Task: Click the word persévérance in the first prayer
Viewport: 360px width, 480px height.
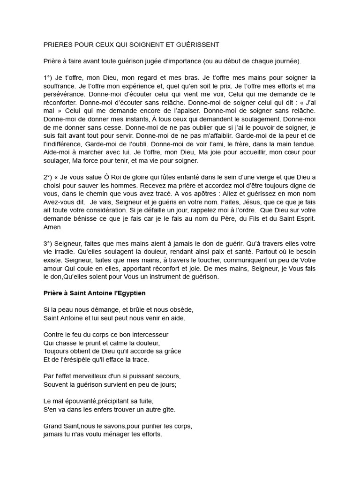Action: click(63, 94)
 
